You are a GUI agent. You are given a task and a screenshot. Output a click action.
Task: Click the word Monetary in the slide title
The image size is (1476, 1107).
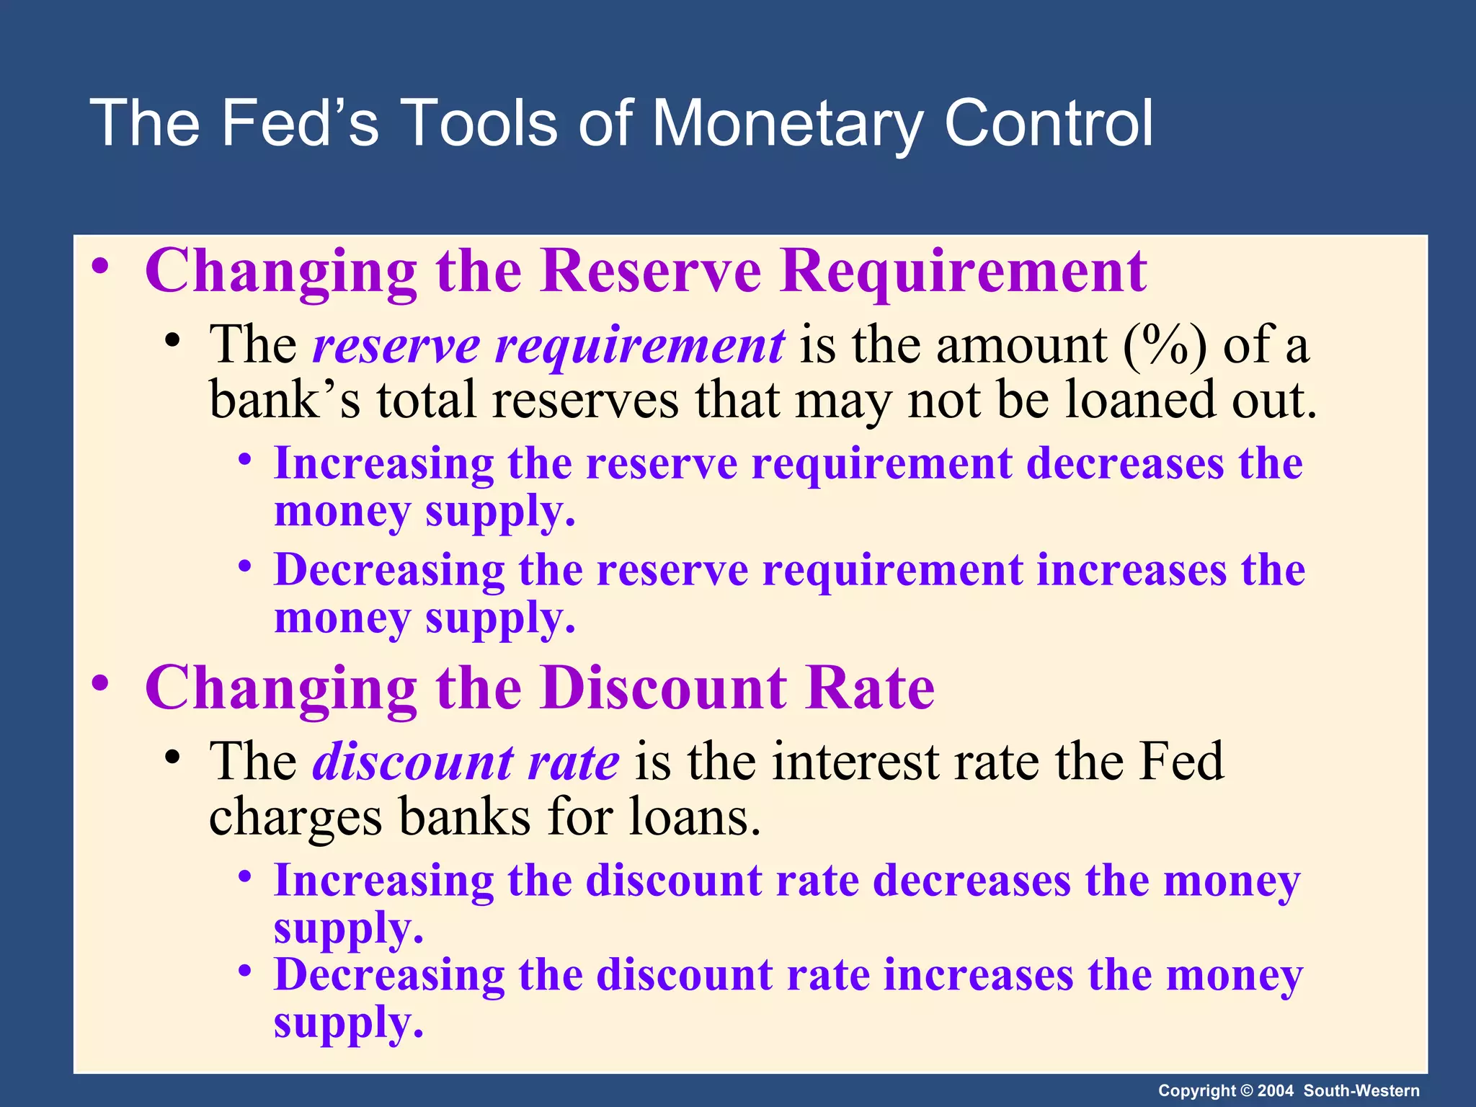coord(787,124)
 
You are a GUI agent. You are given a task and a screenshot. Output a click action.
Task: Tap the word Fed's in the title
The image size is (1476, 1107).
coord(298,124)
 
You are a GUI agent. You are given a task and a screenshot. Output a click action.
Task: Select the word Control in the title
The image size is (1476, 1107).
coord(1048,124)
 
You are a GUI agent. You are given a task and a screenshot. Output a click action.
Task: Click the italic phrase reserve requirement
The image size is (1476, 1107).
coord(548,346)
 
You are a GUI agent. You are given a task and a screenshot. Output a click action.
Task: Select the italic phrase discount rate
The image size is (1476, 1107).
coord(465,763)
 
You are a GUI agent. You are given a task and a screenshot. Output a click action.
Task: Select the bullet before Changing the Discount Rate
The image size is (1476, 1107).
coord(100,685)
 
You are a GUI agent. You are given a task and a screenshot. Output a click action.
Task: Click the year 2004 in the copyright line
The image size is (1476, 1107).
coord(1275,1090)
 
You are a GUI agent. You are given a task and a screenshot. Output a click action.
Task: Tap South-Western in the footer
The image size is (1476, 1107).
coord(1361,1090)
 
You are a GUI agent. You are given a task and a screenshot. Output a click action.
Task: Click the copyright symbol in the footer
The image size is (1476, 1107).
coord(1245,1090)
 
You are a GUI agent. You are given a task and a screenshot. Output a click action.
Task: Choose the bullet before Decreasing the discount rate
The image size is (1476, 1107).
coord(245,972)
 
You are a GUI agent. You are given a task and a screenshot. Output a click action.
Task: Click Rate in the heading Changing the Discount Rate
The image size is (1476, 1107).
coord(871,688)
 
